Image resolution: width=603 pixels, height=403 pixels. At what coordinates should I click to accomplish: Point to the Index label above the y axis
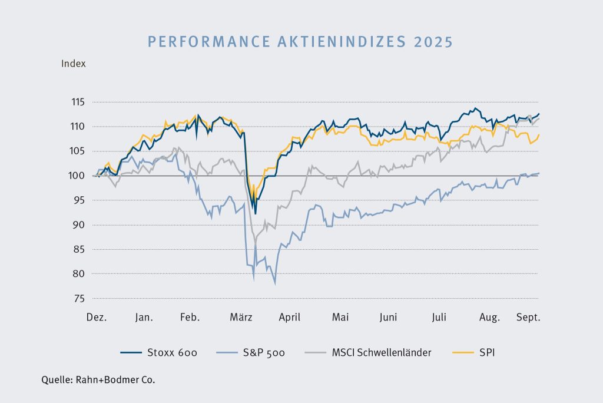point(74,64)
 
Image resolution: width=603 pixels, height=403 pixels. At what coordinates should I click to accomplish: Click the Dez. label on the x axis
point(97,318)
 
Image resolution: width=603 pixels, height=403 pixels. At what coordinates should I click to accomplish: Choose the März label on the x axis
point(241,318)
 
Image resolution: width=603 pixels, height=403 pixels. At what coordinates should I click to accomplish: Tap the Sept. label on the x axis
point(529,318)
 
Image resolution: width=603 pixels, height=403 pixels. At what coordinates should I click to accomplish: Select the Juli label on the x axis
point(439,318)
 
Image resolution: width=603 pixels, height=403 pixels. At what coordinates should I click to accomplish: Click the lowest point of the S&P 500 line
point(275,284)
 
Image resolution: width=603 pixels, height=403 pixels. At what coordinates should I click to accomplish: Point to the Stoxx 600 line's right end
point(539,114)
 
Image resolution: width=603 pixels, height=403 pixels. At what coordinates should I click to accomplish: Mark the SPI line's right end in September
point(539,135)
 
